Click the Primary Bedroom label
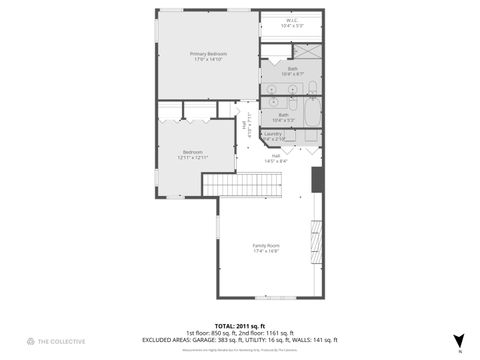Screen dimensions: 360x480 [210, 53]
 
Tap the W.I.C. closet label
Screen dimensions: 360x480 [292, 20]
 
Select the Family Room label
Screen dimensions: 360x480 [265, 245]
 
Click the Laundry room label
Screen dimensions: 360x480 [273, 133]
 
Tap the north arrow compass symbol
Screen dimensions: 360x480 [458, 340]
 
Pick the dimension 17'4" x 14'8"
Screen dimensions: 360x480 [265, 251]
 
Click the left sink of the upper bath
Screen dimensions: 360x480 [274, 88]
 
